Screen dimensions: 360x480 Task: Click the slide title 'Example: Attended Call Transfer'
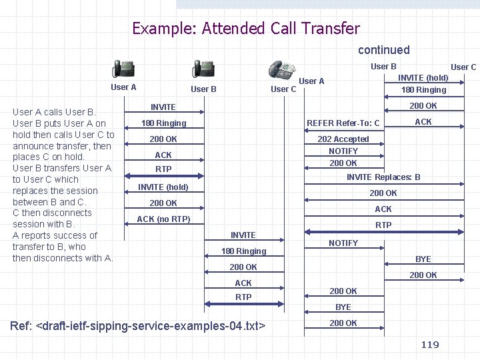pos(245,28)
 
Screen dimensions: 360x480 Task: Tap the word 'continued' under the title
pos(383,50)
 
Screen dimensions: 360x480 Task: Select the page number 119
pos(430,344)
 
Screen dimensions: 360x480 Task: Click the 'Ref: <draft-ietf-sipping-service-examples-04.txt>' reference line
pos(138,326)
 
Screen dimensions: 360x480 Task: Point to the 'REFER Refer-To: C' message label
pos(343,123)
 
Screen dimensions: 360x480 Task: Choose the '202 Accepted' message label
pos(343,139)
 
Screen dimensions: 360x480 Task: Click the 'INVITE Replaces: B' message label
pos(383,177)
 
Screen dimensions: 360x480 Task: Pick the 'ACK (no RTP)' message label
pos(163,219)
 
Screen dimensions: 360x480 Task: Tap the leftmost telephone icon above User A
pos(123,69)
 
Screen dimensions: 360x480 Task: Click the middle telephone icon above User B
pos(203,69)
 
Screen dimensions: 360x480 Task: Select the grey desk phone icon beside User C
pos(282,70)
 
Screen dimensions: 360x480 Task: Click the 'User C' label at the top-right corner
pos(463,67)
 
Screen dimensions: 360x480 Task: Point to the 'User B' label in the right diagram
pos(383,66)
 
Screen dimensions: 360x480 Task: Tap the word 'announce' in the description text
pos(33,146)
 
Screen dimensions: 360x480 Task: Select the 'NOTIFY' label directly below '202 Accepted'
pos(343,151)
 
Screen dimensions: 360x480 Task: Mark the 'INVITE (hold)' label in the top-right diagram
pos(423,78)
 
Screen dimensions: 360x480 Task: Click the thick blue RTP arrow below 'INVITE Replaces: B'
pos(383,232)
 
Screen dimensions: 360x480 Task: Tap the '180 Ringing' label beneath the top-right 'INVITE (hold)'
pos(423,90)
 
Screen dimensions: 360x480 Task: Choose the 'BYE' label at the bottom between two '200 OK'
pos(343,307)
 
